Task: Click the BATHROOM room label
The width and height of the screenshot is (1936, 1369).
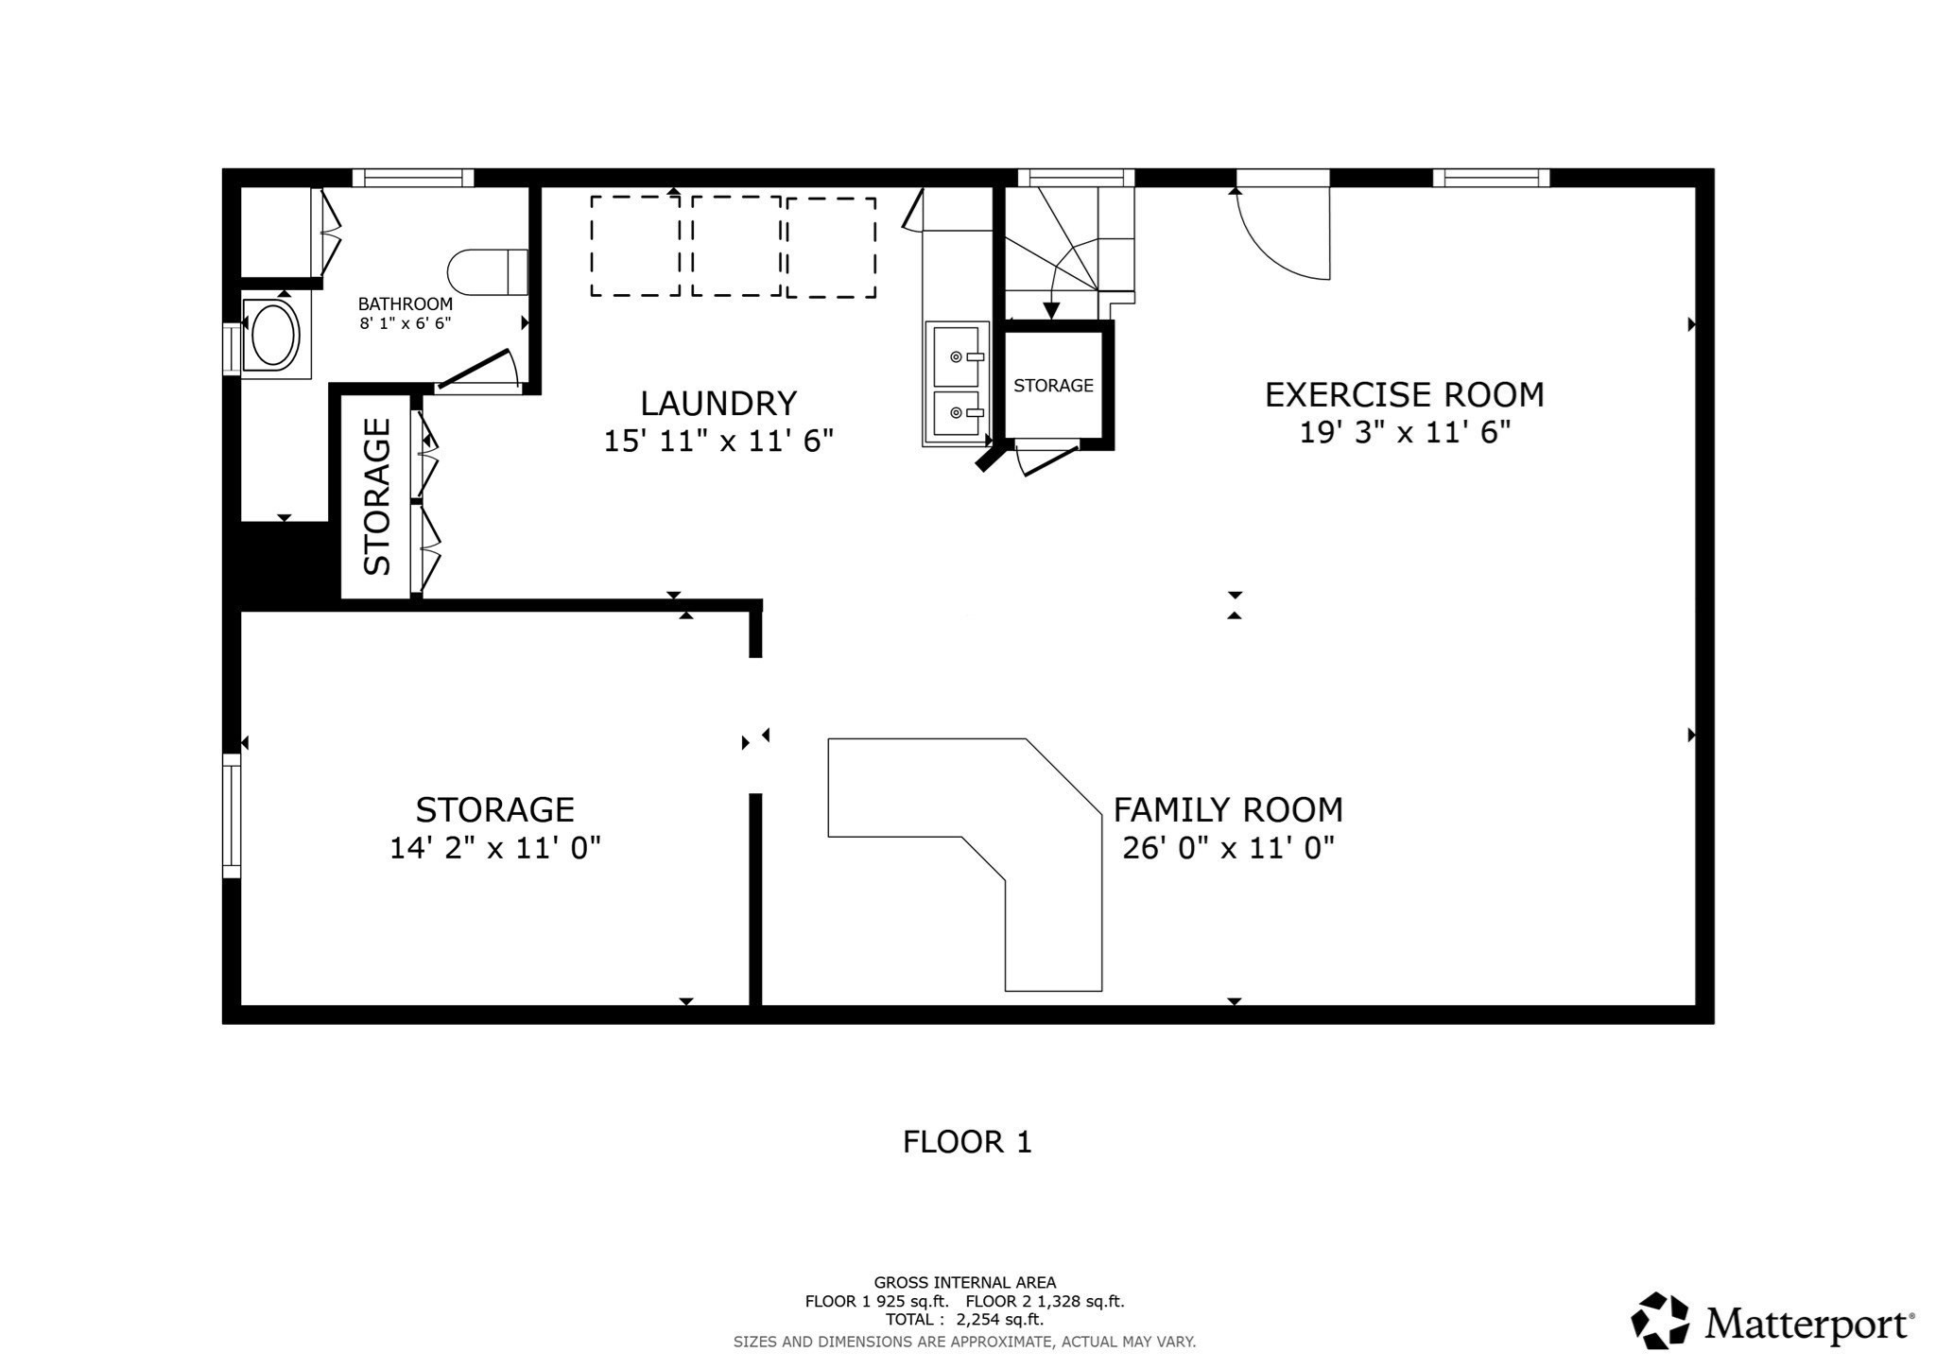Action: pyautogui.click(x=405, y=303)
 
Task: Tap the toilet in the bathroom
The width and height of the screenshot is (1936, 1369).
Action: pyautogui.click(x=487, y=272)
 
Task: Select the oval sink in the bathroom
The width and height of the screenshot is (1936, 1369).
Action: pyautogui.click(x=272, y=334)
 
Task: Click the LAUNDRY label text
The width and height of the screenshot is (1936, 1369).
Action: pyautogui.click(x=718, y=404)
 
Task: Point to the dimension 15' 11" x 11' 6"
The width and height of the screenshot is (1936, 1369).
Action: pyautogui.click(x=718, y=441)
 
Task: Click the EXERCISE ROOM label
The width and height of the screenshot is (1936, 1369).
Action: pyautogui.click(x=1404, y=394)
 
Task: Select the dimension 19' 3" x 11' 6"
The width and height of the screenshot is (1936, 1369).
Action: pyautogui.click(x=1404, y=432)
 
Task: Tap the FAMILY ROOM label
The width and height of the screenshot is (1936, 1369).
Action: pyautogui.click(x=1227, y=810)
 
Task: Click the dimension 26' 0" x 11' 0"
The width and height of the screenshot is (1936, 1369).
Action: pyautogui.click(x=1227, y=848)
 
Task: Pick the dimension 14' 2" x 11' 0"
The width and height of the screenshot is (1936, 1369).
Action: pyautogui.click(x=495, y=848)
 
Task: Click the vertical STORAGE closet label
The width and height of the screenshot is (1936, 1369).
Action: pyautogui.click(x=377, y=496)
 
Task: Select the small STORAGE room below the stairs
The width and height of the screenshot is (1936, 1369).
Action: pyautogui.click(x=1053, y=385)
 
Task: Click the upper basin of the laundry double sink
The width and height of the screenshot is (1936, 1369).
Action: pyautogui.click(x=957, y=355)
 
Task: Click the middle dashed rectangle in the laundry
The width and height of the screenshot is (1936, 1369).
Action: pyautogui.click(x=735, y=247)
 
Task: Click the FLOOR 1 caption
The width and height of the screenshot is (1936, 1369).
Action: pyautogui.click(x=967, y=1142)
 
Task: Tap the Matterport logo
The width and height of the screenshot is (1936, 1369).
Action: pyautogui.click(x=1772, y=1321)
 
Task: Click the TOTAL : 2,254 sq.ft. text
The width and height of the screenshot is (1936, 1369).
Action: pyautogui.click(x=964, y=1320)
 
